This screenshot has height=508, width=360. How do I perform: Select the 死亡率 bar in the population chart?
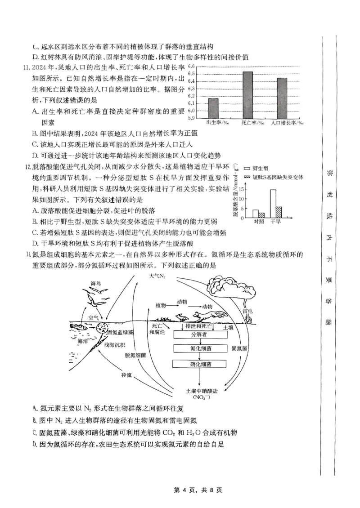point(247,95)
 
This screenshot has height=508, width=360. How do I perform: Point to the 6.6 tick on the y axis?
point(191,67)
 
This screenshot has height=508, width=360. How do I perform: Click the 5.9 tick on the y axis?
point(191,118)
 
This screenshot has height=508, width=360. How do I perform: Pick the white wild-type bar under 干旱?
point(273,204)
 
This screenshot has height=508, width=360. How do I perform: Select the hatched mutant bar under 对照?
point(261,215)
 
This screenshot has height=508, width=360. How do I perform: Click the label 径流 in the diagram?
point(126,374)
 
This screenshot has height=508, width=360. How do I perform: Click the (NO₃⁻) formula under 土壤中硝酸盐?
point(201,397)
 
